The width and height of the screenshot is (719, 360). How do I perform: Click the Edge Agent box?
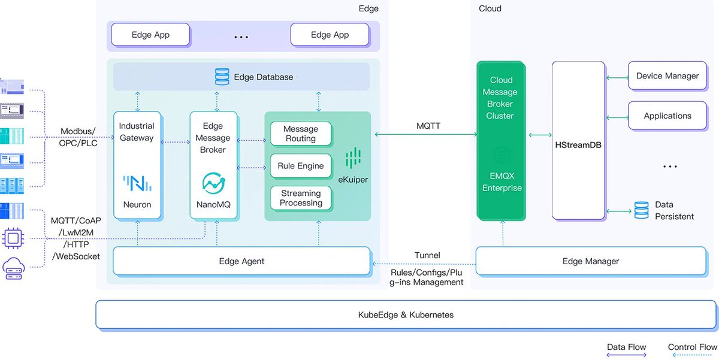(x=241, y=261)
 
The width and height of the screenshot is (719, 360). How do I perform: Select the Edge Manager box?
(x=590, y=261)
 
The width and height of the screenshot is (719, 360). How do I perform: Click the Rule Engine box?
(x=301, y=166)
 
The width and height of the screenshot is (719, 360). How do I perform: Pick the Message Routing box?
(x=301, y=134)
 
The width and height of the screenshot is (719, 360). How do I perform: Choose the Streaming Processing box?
(x=301, y=198)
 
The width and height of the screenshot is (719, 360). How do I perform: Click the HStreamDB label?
(x=578, y=145)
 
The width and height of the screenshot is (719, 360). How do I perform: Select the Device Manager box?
(x=667, y=76)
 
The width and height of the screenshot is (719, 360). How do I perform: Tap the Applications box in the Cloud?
(x=667, y=116)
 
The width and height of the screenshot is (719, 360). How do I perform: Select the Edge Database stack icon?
(x=222, y=77)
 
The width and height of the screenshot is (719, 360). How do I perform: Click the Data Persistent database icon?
(x=641, y=210)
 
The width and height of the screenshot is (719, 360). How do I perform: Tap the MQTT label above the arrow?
(x=428, y=126)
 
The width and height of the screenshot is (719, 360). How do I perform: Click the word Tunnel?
(x=427, y=255)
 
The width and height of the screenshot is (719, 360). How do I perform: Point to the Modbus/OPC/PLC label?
(x=77, y=137)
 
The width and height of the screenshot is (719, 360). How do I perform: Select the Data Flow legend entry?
(x=626, y=347)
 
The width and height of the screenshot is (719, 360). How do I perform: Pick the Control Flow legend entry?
(x=692, y=347)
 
